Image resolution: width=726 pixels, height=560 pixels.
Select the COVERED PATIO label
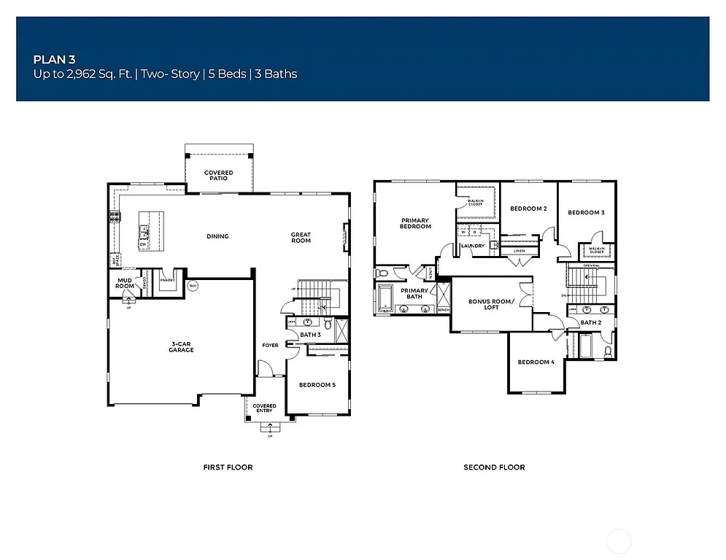(218, 176)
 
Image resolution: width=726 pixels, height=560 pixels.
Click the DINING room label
(217, 236)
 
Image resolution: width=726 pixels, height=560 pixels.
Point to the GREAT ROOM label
(301, 238)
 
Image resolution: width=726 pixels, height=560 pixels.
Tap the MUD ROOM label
(125, 284)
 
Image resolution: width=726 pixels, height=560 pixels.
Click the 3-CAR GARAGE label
(182, 347)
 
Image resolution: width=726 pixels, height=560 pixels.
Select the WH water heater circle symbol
(193, 285)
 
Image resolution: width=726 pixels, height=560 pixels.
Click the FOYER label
(270, 345)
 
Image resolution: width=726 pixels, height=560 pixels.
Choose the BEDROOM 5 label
(317, 385)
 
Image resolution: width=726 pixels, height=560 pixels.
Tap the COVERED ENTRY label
(264, 408)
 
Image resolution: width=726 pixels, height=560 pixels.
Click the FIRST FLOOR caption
(228, 467)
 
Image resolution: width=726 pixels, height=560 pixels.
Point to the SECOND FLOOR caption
(494, 467)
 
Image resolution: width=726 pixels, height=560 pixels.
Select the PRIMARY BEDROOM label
(415, 223)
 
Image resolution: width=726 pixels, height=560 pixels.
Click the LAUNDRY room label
(473, 246)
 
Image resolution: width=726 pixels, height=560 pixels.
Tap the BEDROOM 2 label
(528, 209)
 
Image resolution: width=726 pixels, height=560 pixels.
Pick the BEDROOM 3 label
(586, 212)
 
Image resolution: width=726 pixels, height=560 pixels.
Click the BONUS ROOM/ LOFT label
(491, 304)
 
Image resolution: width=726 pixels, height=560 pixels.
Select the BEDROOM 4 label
(536, 362)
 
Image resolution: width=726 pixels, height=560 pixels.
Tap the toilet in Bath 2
(608, 351)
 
